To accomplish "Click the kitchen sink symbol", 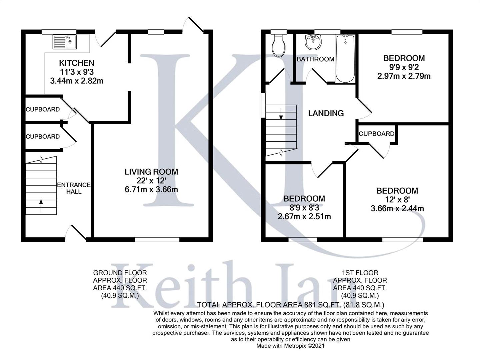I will pyautogui.click(x=65, y=42).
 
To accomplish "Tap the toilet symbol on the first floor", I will pyautogui.click(x=278, y=46).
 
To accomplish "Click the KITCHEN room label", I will pyautogui.click(x=77, y=63).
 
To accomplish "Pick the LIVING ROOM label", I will pyautogui.click(x=151, y=172).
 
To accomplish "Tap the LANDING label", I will pyautogui.click(x=326, y=113).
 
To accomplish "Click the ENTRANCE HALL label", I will pyautogui.click(x=74, y=188).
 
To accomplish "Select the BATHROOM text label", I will pyautogui.click(x=315, y=59).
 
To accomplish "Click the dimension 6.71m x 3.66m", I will pyautogui.click(x=151, y=190).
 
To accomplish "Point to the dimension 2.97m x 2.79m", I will pyautogui.click(x=404, y=76).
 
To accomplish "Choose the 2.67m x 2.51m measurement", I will pyautogui.click(x=304, y=216).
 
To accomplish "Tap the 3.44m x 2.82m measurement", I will pyautogui.click(x=77, y=80).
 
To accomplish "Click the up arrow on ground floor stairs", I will pyautogui.click(x=41, y=205).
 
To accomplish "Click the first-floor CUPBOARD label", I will pyautogui.click(x=376, y=134).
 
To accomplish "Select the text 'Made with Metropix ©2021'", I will pyautogui.click(x=290, y=346).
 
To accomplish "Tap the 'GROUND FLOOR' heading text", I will pyautogui.click(x=120, y=273).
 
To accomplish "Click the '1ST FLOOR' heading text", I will pyautogui.click(x=360, y=273).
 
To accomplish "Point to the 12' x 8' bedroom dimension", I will pyautogui.click(x=397, y=200).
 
